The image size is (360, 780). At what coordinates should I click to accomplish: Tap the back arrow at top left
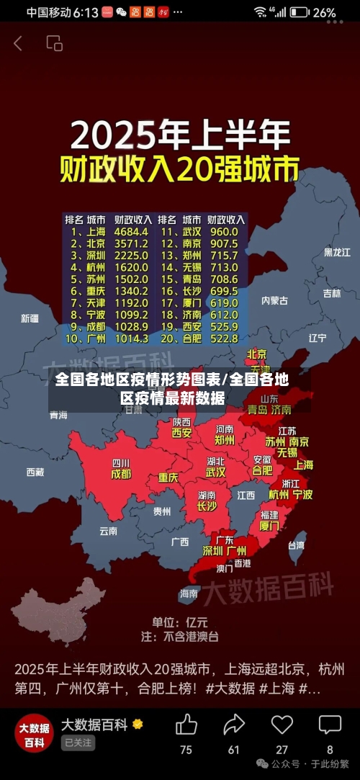point(18,43)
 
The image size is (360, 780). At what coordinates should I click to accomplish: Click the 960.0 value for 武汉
point(223,232)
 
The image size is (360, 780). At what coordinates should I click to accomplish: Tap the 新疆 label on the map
point(30,318)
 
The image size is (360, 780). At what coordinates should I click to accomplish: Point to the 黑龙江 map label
point(336,252)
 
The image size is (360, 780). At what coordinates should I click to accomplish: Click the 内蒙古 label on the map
point(274,300)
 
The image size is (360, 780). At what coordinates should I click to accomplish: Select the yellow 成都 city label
point(121,475)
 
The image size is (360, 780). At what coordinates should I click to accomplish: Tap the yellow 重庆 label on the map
point(168,477)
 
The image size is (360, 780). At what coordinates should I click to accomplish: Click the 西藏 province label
point(35,472)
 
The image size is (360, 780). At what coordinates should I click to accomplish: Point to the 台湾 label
point(296,545)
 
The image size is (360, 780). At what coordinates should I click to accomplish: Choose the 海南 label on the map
point(189,593)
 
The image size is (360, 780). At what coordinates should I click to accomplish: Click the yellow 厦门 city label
point(269,526)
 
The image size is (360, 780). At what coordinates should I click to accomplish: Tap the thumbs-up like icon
point(186,725)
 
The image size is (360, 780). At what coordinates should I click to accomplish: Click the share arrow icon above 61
point(234,725)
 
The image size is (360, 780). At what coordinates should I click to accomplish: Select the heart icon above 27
point(282,725)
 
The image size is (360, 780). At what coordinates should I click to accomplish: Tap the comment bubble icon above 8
point(330,725)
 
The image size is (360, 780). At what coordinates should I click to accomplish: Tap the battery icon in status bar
point(300,12)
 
